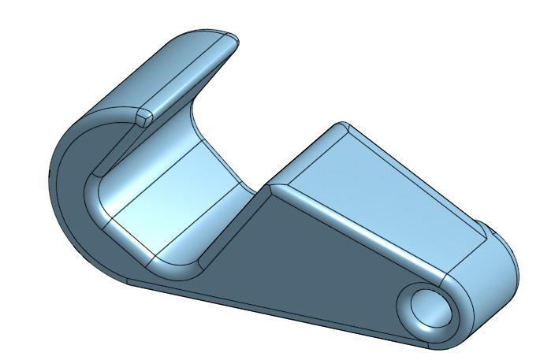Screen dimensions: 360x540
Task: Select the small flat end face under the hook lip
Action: point(144,117)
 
